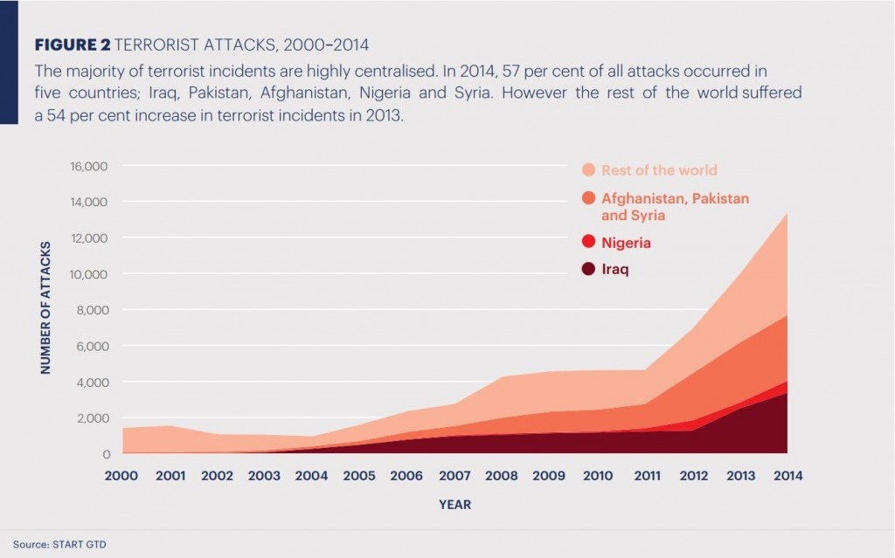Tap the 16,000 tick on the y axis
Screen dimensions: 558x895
[x=89, y=166]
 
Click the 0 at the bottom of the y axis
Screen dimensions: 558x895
[x=107, y=454]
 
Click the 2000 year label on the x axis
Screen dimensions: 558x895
[x=122, y=476]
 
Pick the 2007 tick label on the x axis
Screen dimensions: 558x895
[x=453, y=476]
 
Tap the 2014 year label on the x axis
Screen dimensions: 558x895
[x=784, y=476]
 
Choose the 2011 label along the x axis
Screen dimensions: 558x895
[x=642, y=476]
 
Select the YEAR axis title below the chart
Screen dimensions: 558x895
[x=454, y=504]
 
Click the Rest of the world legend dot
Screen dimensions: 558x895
[x=588, y=170]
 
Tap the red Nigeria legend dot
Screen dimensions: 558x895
[x=588, y=243]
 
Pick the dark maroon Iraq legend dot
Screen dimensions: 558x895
[x=588, y=270]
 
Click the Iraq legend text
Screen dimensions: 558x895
[x=615, y=270]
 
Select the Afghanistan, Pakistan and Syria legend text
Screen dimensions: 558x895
[x=675, y=206]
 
